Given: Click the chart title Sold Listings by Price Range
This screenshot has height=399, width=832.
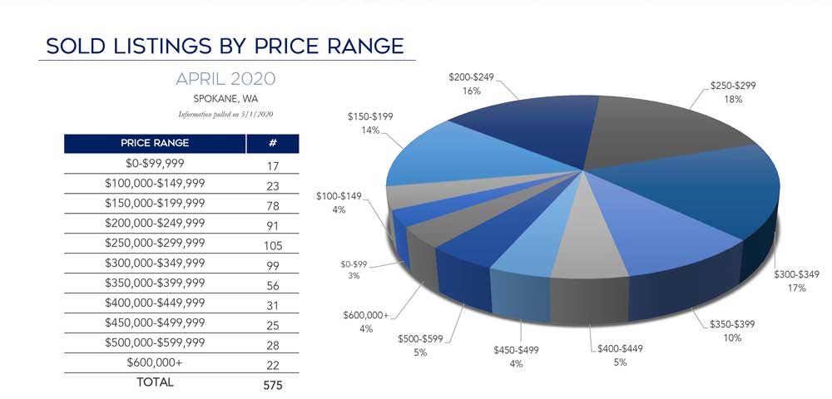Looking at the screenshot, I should click(225, 46).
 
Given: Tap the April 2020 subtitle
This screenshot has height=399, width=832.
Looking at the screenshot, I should click(225, 80).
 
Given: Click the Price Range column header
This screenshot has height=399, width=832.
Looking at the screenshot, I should click(155, 143).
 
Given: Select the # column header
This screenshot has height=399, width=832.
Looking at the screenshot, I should click(272, 143).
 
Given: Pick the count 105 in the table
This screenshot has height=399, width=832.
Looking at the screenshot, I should click(272, 245).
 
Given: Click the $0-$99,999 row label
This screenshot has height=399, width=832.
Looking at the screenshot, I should click(155, 165).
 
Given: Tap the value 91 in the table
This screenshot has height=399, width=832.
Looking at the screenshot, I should click(272, 224).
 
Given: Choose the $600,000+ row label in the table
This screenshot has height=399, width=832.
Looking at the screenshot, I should click(155, 362).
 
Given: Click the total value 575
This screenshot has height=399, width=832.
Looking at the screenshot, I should click(272, 384).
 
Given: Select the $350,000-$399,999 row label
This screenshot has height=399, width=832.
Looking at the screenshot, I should click(155, 284).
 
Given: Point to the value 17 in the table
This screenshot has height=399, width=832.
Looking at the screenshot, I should click(272, 165).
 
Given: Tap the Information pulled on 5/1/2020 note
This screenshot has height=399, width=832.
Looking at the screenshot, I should click(225, 114).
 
